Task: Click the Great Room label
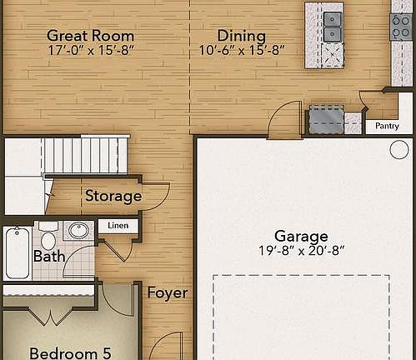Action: click(x=90, y=35)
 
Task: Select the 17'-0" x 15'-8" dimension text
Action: click(x=90, y=50)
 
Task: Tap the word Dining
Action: click(x=241, y=36)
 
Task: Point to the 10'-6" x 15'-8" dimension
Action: click(x=242, y=50)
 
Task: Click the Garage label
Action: click(x=301, y=236)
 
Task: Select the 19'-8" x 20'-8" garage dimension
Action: click(x=301, y=250)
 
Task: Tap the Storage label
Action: click(x=113, y=197)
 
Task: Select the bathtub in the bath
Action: click(x=14, y=251)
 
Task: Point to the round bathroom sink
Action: click(x=79, y=231)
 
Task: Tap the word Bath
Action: click(x=49, y=257)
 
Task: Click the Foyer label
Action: click(x=167, y=293)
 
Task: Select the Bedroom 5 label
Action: click(x=70, y=352)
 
